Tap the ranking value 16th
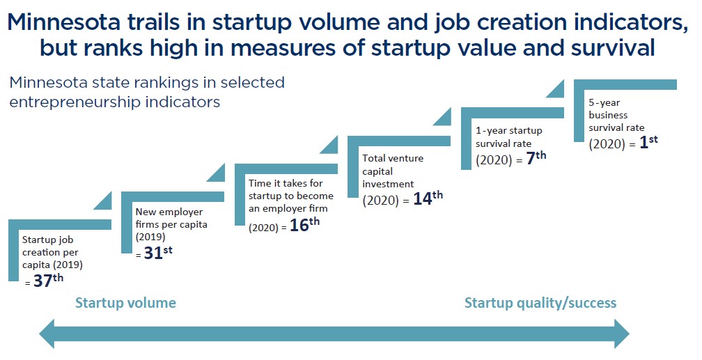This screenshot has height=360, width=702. tap(304, 226)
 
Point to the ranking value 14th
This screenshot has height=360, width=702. tap(428, 198)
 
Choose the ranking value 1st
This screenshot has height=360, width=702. tap(648, 141)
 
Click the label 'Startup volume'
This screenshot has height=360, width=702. tap(125, 303)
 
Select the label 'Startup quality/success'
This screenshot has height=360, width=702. tap(540, 303)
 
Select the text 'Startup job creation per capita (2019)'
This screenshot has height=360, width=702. tap(53, 251)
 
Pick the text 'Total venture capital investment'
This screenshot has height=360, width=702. tap(393, 171)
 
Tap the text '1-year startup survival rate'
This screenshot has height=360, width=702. tap(509, 137)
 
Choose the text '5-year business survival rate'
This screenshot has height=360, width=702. tap(617, 115)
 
